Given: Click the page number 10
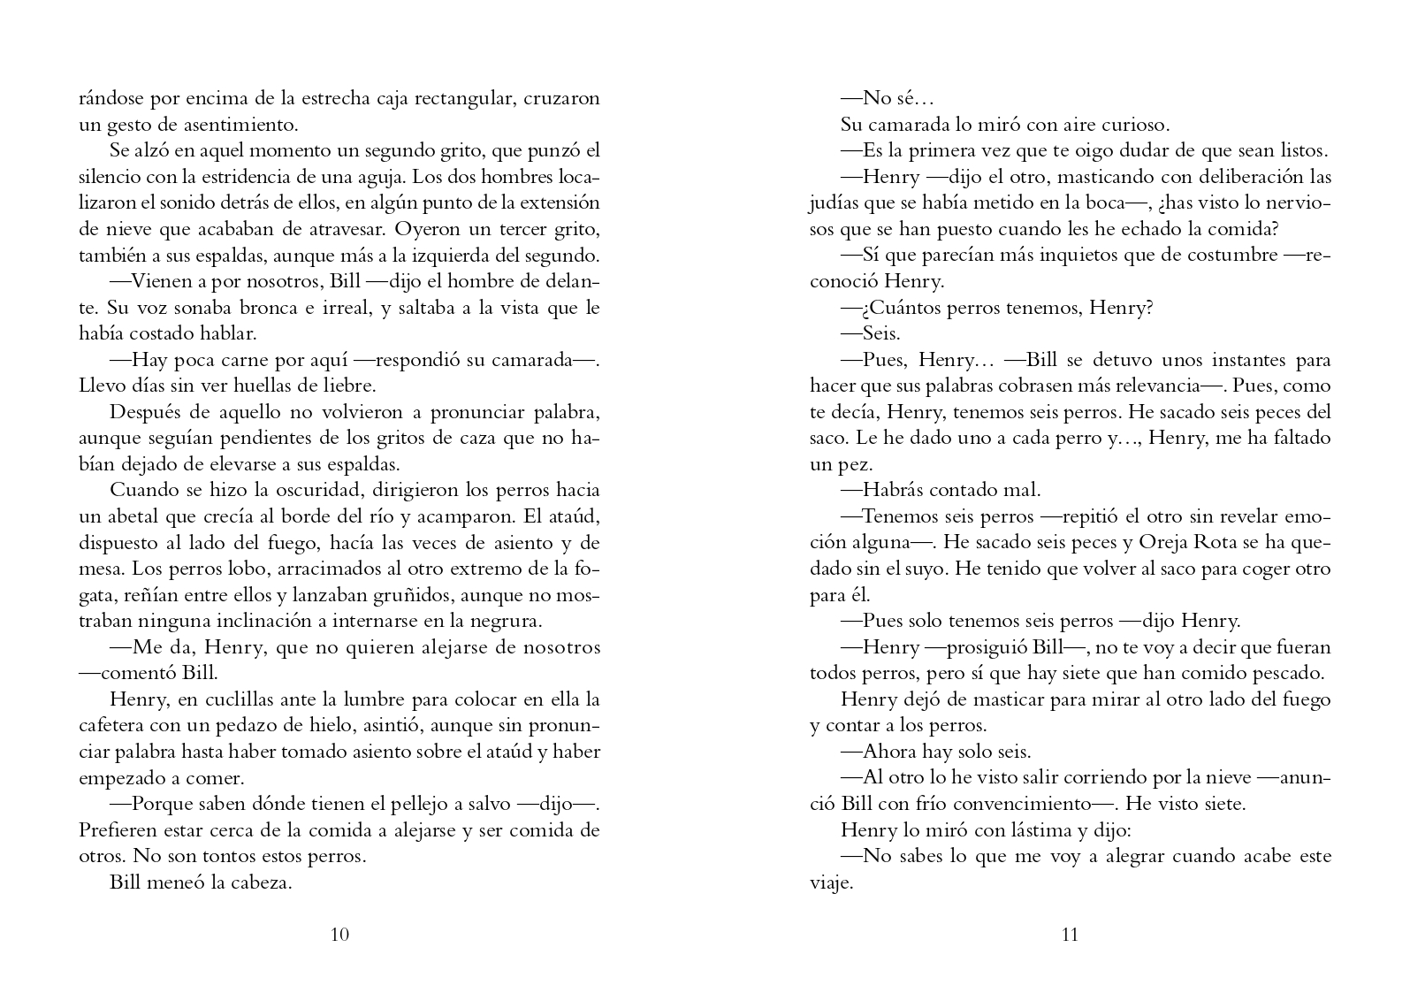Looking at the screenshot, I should pyautogui.click(x=339, y=935).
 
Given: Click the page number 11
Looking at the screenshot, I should pyautogui.click(x=1070, y=935).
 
